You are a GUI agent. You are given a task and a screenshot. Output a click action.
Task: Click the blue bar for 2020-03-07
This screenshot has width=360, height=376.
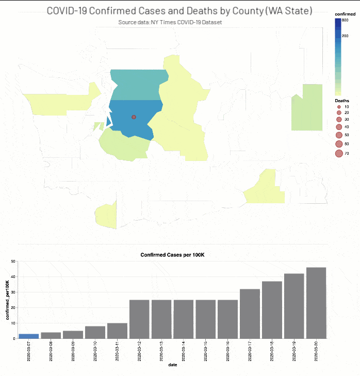(x=28, y=336)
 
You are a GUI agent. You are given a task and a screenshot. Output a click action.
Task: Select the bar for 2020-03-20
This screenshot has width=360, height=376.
(x=316, y=303)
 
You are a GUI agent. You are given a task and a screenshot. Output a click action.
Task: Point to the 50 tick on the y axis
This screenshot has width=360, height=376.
(x=12, y=261)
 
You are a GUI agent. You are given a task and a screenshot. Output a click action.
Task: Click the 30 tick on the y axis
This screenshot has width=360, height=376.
(x=12, y=292)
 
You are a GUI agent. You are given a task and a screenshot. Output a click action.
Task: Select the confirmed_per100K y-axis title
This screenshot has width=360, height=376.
(x=7, y=300)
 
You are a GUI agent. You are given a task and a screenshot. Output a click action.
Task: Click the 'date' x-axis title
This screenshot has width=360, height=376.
(x=172, y=367)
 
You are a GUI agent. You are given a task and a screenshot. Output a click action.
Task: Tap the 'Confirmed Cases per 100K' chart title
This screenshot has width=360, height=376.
(x=172, y=255)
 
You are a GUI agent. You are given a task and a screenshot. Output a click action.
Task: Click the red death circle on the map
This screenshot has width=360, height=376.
(x=134, y=117)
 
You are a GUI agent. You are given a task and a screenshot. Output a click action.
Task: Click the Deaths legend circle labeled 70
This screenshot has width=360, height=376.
(x=339, y=153)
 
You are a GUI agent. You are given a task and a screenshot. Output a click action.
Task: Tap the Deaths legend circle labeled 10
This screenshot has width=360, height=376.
(x=338, y=107)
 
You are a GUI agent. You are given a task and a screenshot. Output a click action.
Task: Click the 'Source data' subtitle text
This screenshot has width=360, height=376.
(x=170, y=23)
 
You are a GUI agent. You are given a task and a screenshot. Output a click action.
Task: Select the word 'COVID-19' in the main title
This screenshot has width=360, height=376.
(x=68, y=11)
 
